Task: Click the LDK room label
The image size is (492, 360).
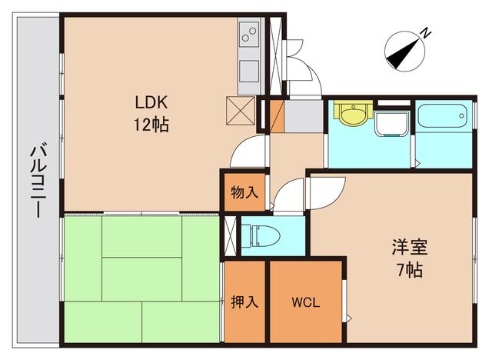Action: point(152,102)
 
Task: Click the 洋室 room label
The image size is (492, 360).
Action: point(409,248)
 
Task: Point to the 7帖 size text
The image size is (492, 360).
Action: point(409,270)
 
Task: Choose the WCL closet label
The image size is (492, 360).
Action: point(305,302)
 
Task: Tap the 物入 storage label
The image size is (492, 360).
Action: point(244,192)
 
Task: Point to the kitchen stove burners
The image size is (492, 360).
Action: point(251,35)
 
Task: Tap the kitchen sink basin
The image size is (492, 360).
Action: point(250,69)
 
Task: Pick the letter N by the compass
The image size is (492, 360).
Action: point(425,33)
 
